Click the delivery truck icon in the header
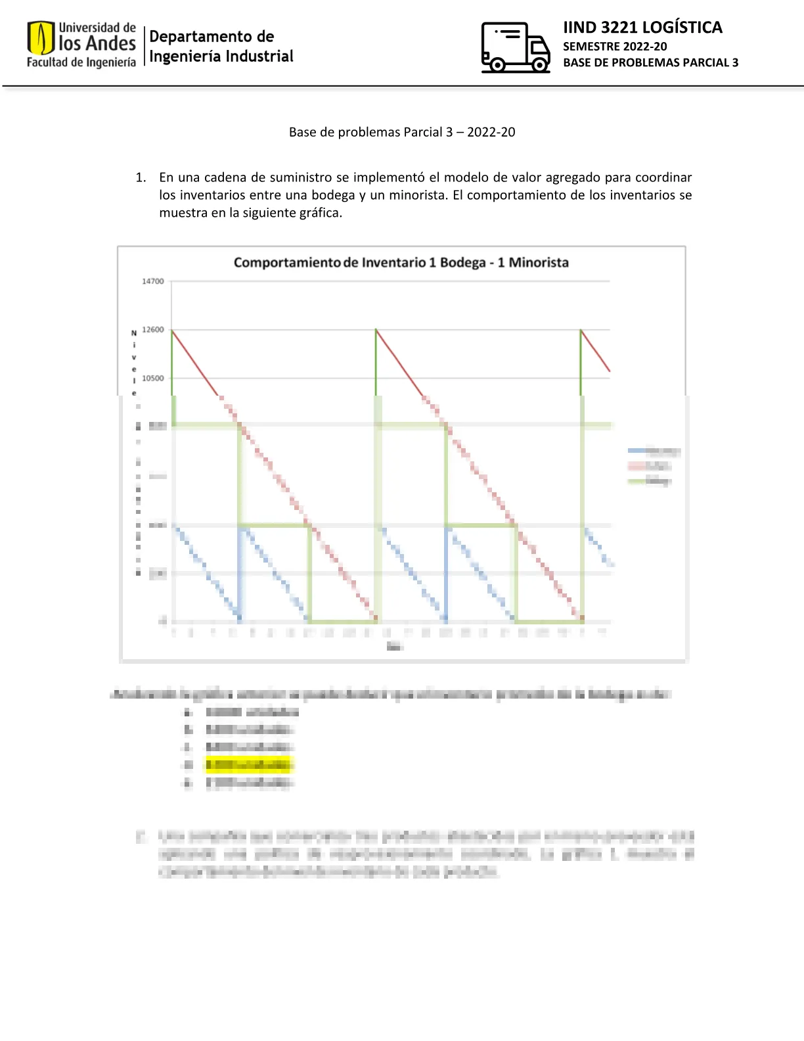pos(515,47)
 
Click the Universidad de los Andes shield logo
pos(40,38)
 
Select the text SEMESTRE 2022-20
pos(615,47)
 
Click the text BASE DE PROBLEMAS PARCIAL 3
pos(650,62)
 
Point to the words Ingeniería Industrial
pos(221,57)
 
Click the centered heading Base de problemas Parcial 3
pos(402,132)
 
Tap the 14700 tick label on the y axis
pos(153,281)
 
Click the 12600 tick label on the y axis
pos(153,330)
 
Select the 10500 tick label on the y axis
pos(153,379)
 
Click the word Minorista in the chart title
pos(539,263)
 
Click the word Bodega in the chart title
pos(462,263)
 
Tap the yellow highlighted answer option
pos(249,765)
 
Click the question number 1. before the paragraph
pos(141,177)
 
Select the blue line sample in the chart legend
pos(636,451)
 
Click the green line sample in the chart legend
pos(636,481)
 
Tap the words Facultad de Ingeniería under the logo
pos(81,62)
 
